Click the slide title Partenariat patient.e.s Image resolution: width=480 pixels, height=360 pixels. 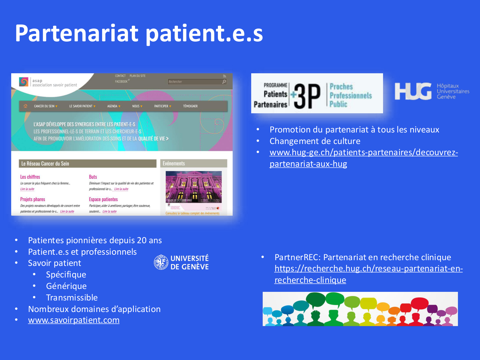(x=139, y=33)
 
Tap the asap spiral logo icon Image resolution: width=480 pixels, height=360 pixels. (x=24, y=82)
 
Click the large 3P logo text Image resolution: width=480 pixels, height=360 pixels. (x=307, y=96)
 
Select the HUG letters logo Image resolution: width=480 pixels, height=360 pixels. (x=413, y=92)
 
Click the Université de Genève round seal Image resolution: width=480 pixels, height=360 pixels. (x=161, y=262)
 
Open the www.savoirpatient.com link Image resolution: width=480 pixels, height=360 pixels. (x=74, y=320)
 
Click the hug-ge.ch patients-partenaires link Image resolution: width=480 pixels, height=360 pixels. (x=364, y=153)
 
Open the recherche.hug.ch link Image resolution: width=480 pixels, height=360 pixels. (x=368, y=269)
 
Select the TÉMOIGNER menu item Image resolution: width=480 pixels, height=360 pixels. (x=190, y=106)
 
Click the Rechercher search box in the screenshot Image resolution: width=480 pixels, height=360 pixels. (x=195, y=82)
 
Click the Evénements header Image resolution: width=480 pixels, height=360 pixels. (x=174, y=164)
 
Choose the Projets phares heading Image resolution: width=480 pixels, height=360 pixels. (x=33, y=199)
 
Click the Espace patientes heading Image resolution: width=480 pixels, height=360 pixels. (x=103, y=199)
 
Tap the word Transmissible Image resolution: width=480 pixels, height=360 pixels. (x=72, y=298)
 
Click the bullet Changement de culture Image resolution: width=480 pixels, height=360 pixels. (x=315, y=141)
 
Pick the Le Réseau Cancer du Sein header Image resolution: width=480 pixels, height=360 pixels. (x=45, y=164)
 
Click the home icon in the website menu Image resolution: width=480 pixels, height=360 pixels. (x=26, y=106)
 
